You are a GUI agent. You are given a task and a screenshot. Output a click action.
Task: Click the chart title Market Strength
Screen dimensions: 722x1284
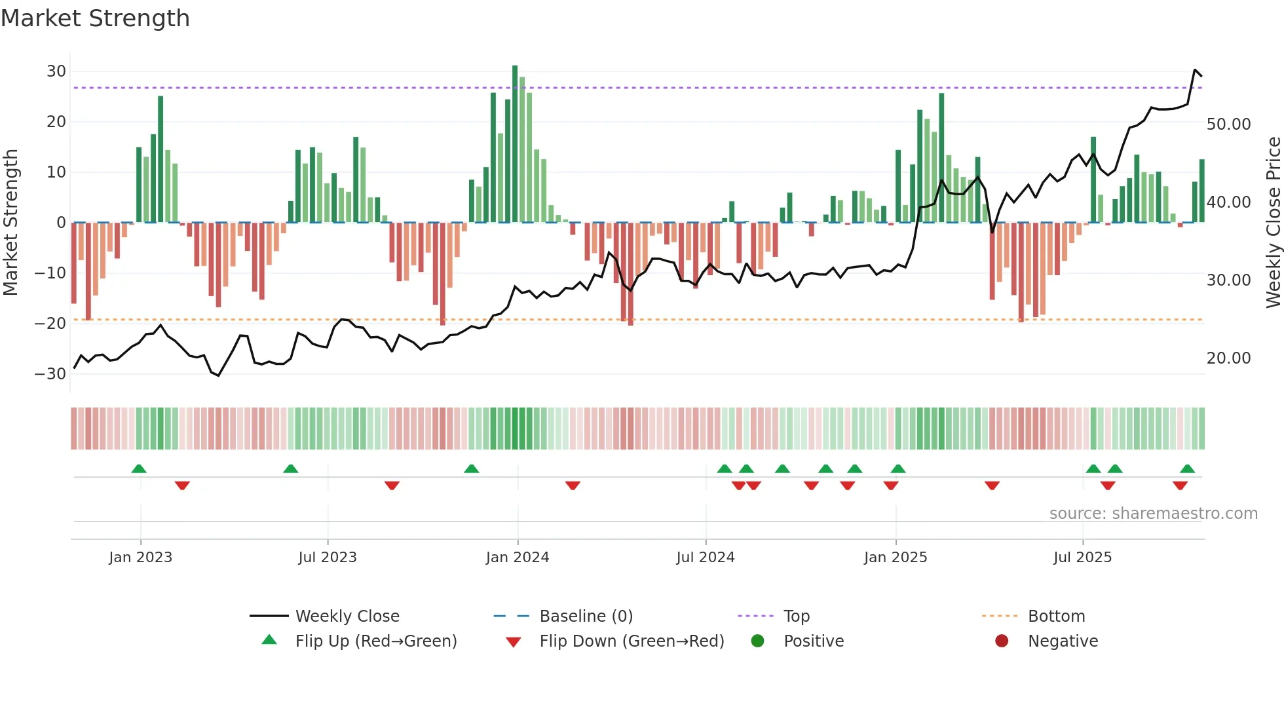pos(95,18)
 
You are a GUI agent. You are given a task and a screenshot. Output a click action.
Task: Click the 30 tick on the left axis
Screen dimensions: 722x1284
pos(56,71)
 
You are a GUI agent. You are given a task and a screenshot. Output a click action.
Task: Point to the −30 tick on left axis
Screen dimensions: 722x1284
pos(50,374)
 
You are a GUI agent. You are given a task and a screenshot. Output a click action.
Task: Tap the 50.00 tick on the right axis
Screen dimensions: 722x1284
pos(1228,124)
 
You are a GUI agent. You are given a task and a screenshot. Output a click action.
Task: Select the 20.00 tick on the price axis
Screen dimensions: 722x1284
pos(1228,358)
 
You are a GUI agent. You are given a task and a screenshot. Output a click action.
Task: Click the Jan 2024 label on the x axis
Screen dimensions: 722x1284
pos(517,558)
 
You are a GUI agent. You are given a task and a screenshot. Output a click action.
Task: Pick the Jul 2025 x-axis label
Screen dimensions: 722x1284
pos(1082,558)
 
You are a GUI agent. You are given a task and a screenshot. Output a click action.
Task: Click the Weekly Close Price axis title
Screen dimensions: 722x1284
pos(1273,222)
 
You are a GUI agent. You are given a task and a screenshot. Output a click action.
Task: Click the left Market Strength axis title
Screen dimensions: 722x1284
pos(10,222)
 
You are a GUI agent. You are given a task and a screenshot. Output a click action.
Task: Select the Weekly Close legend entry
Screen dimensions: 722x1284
pos(347,617)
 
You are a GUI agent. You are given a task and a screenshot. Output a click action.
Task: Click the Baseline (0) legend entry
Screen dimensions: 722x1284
pos(586,617)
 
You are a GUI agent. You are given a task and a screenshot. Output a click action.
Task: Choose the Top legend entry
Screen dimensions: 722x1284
pos(796,617)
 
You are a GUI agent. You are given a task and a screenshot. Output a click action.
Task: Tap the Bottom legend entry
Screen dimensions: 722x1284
pos(1056,617)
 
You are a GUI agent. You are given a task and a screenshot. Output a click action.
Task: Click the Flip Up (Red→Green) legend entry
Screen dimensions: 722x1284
pos(375,641)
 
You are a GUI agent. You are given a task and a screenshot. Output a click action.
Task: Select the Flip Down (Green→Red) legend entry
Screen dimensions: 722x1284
pos(632,641)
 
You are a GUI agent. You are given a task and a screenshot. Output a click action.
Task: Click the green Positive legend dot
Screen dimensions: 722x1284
pos(757,641)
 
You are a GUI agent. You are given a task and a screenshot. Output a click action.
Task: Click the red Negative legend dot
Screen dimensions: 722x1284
pos(1001,641)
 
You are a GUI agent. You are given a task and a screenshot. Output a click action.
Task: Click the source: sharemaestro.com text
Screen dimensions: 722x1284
pos(1153,514)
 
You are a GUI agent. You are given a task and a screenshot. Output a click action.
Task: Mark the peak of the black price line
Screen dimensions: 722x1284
pos(1195,69)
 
